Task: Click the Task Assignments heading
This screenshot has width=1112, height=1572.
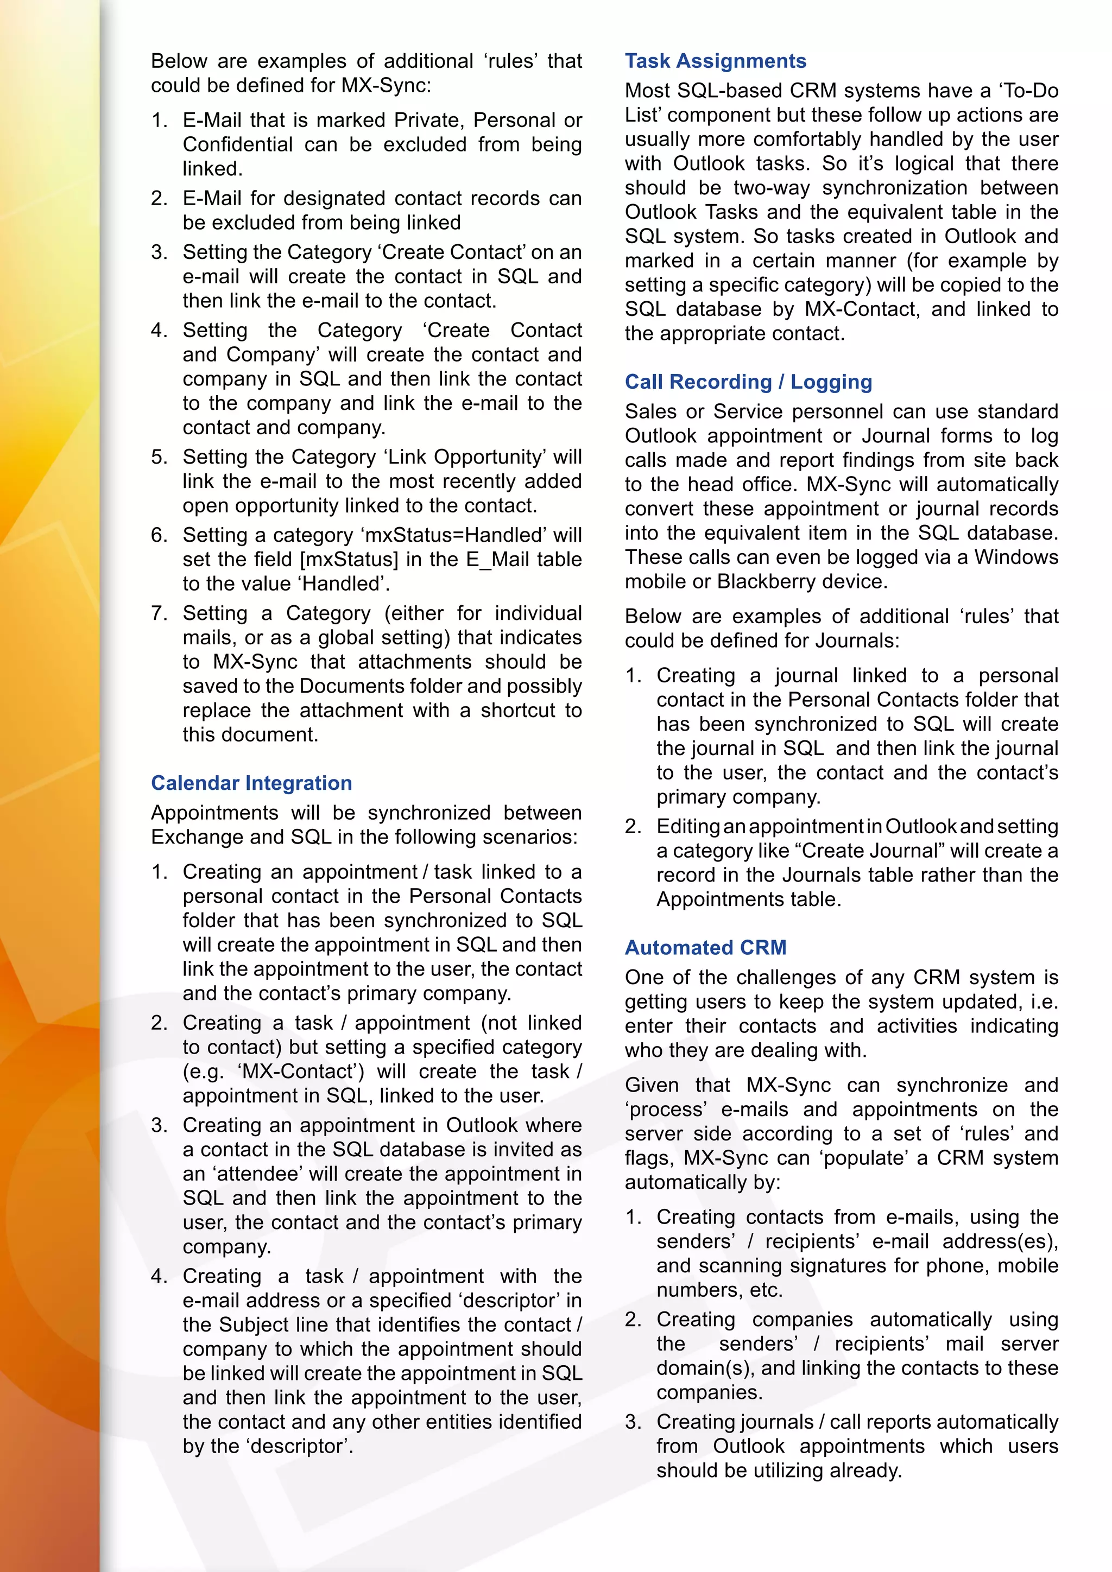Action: click(x=715, y=61)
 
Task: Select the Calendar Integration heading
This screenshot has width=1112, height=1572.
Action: click(x=251, y=783)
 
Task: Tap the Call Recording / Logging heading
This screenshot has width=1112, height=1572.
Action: click(x=748, y=382)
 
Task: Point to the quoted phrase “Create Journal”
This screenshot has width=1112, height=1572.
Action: click(x=868, y=851)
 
